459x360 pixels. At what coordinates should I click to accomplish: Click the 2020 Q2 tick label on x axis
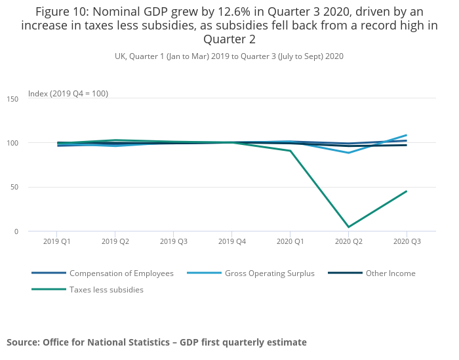[348, 241]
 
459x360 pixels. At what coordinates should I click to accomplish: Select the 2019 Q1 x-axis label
[57, 241]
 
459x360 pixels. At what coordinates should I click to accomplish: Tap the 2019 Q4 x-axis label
[231, 241]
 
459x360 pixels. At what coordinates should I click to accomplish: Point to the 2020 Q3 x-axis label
[407, 241]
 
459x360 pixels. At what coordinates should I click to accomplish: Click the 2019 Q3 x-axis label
[173, 241]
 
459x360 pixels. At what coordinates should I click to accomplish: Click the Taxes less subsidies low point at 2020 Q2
[348, 227]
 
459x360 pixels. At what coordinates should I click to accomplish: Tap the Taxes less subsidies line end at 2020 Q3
[407, 191]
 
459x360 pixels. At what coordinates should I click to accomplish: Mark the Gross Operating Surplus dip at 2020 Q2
[348, 153]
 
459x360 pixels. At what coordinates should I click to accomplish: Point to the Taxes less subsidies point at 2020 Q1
[290, 151]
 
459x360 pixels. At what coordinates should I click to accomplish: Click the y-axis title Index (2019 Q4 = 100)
[68, 94]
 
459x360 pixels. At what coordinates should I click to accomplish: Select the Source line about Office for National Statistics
[157, 342]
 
